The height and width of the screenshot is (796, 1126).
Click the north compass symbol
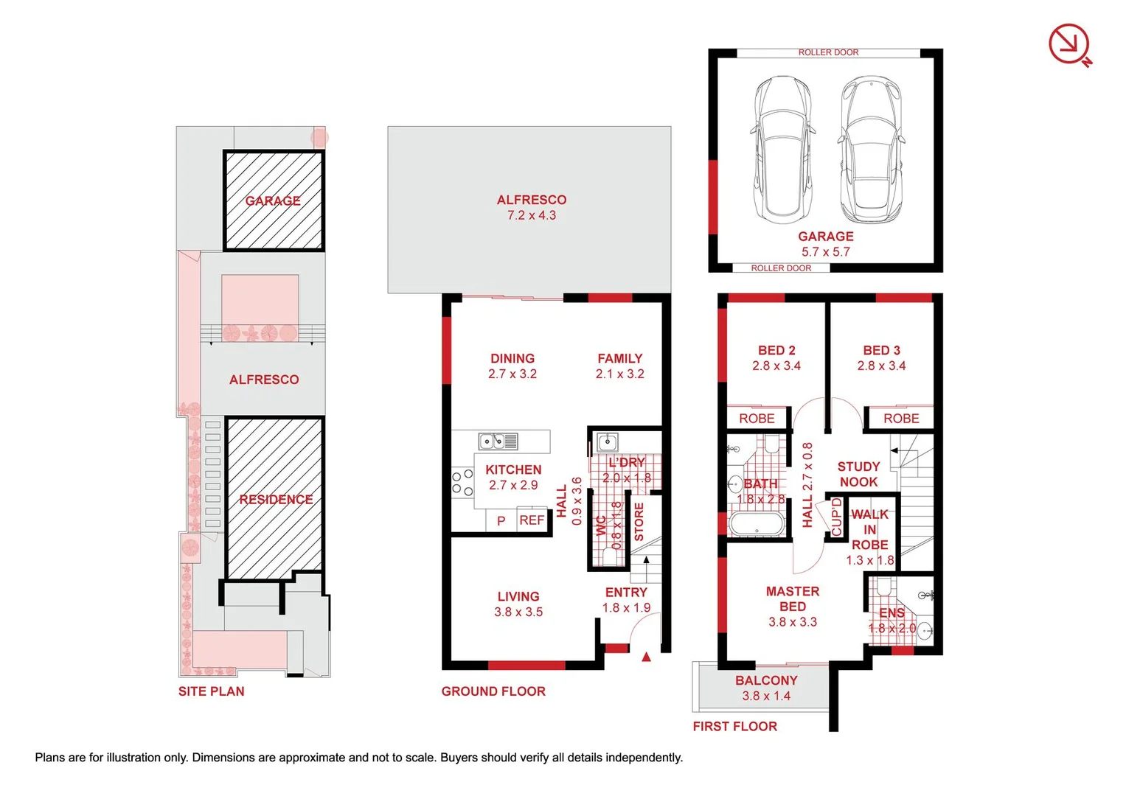(1070, 44)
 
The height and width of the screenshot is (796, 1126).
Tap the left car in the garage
(782, 150)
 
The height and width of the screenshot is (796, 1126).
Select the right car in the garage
(871, 150)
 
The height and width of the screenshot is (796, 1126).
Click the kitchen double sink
(498, 441)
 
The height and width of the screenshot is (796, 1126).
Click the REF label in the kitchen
(532, 520)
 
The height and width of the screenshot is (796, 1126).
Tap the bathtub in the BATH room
(756, 524)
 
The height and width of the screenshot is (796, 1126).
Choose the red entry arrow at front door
(647, 656)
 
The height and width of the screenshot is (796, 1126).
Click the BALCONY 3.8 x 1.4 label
(766, 688)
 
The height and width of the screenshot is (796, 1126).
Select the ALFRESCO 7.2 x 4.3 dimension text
(532, 215)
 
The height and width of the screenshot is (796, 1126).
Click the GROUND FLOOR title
(493, 691)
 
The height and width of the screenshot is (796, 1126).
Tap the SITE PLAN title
(211, 691)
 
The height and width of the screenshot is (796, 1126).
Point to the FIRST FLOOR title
(734, 726)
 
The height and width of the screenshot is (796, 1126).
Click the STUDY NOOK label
(858, 474)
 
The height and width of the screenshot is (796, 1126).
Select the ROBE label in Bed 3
(901, 418)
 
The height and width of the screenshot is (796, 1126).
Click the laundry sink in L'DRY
(608, 441)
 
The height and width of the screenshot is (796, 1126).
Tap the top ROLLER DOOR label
(828, 52)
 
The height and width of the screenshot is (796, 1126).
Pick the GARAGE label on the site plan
(273, 201)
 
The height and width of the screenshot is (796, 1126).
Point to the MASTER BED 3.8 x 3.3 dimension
(793, 622)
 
